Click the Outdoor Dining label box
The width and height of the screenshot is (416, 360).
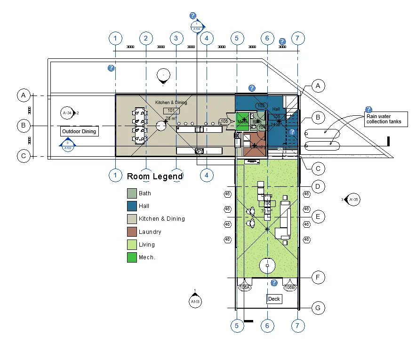tap(79, 131)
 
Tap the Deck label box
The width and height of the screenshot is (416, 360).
tap(274, 299)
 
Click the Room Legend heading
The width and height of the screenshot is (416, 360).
tap(155, 177)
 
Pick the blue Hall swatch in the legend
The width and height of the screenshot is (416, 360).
tap(132, 206)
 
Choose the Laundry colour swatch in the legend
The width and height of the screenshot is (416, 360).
tap(132, 232)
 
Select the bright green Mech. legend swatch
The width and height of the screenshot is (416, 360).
tap(132, 257)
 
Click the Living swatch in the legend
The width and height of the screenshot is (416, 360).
tap(132, 245)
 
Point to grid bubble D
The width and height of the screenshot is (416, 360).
tap(318, 187)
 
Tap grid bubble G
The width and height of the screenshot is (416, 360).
tap(318, 308)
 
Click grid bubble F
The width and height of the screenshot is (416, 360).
tap(318, 278)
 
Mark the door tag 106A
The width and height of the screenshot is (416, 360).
tap(244, 287)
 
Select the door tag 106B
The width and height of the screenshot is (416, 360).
tap(290, 287)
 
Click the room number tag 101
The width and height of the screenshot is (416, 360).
tap(171, 111)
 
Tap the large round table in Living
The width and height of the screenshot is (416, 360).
tap(267, 266)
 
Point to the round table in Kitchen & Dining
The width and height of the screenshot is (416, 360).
tap(161, 125)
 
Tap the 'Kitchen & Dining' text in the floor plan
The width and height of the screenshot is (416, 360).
tap(171, 102)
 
